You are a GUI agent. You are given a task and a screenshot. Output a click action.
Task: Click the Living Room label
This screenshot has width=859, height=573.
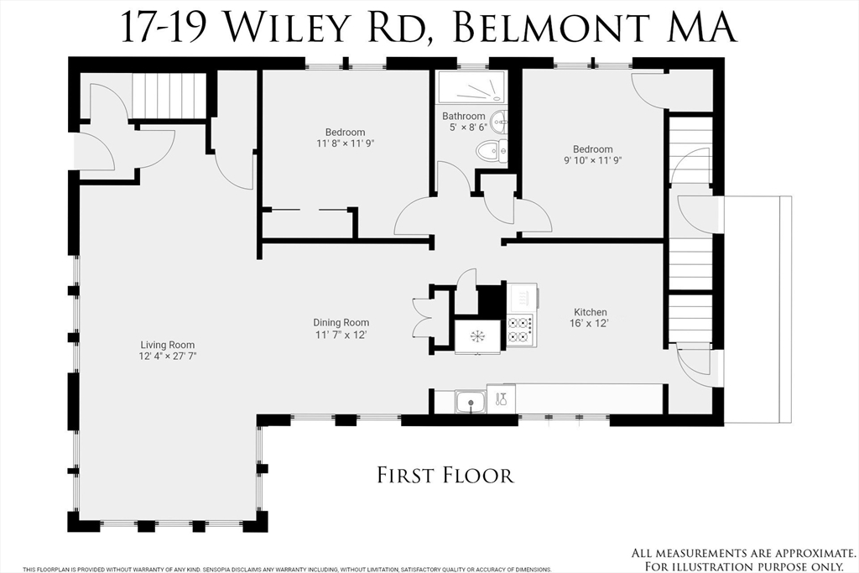point(169,345)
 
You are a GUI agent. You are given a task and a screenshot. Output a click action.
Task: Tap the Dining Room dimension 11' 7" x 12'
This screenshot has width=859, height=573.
point(341,335)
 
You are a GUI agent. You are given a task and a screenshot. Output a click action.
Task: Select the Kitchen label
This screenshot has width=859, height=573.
point(590,312)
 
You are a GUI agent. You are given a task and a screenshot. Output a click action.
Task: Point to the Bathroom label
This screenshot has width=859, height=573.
point(464,116)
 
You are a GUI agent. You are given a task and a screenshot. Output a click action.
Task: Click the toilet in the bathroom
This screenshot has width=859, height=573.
point(487,152)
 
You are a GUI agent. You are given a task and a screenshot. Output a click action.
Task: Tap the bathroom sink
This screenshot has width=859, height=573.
point(500,122)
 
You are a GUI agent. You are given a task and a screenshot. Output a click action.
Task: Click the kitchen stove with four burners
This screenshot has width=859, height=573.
point(520,329)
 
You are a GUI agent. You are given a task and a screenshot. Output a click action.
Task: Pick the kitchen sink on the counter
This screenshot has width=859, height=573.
point(471,402)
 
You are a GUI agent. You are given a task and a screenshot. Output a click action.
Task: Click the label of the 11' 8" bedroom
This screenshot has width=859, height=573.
point(345,132)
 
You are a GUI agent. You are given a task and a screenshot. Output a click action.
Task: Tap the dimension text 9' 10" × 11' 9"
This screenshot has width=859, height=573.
point(592,160)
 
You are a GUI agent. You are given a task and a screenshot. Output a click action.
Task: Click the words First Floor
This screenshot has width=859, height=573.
point(445,476)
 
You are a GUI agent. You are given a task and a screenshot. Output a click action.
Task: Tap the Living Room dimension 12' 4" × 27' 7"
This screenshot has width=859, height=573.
point(169,356)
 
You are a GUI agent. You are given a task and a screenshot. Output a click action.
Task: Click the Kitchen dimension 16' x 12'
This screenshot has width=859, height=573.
point(590,323)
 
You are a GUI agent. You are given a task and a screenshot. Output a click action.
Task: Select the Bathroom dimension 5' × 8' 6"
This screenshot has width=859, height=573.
point(464,128)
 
